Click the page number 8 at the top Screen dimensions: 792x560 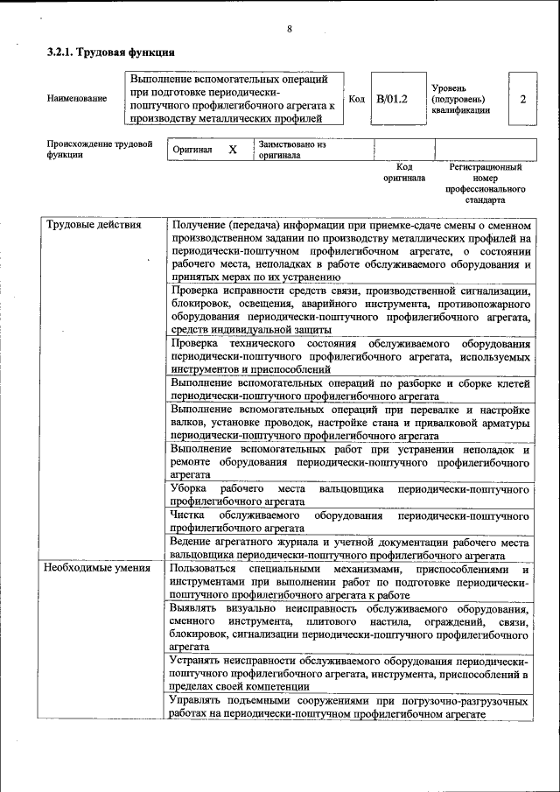(290, 30)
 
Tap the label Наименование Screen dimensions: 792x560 (77, 99)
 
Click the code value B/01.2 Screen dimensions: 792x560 (392, 99)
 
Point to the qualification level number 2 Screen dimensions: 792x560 (522, 99)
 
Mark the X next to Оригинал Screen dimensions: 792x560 (233, 150)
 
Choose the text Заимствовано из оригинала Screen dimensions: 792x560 (292, 150)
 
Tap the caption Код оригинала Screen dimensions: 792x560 (403, 172)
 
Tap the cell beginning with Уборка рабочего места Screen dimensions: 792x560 (350, 494)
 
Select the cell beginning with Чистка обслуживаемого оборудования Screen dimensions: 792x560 (350, 522)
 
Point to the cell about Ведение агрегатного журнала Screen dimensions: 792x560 (350, 549)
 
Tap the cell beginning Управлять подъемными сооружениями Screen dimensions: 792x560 (350, 708)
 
